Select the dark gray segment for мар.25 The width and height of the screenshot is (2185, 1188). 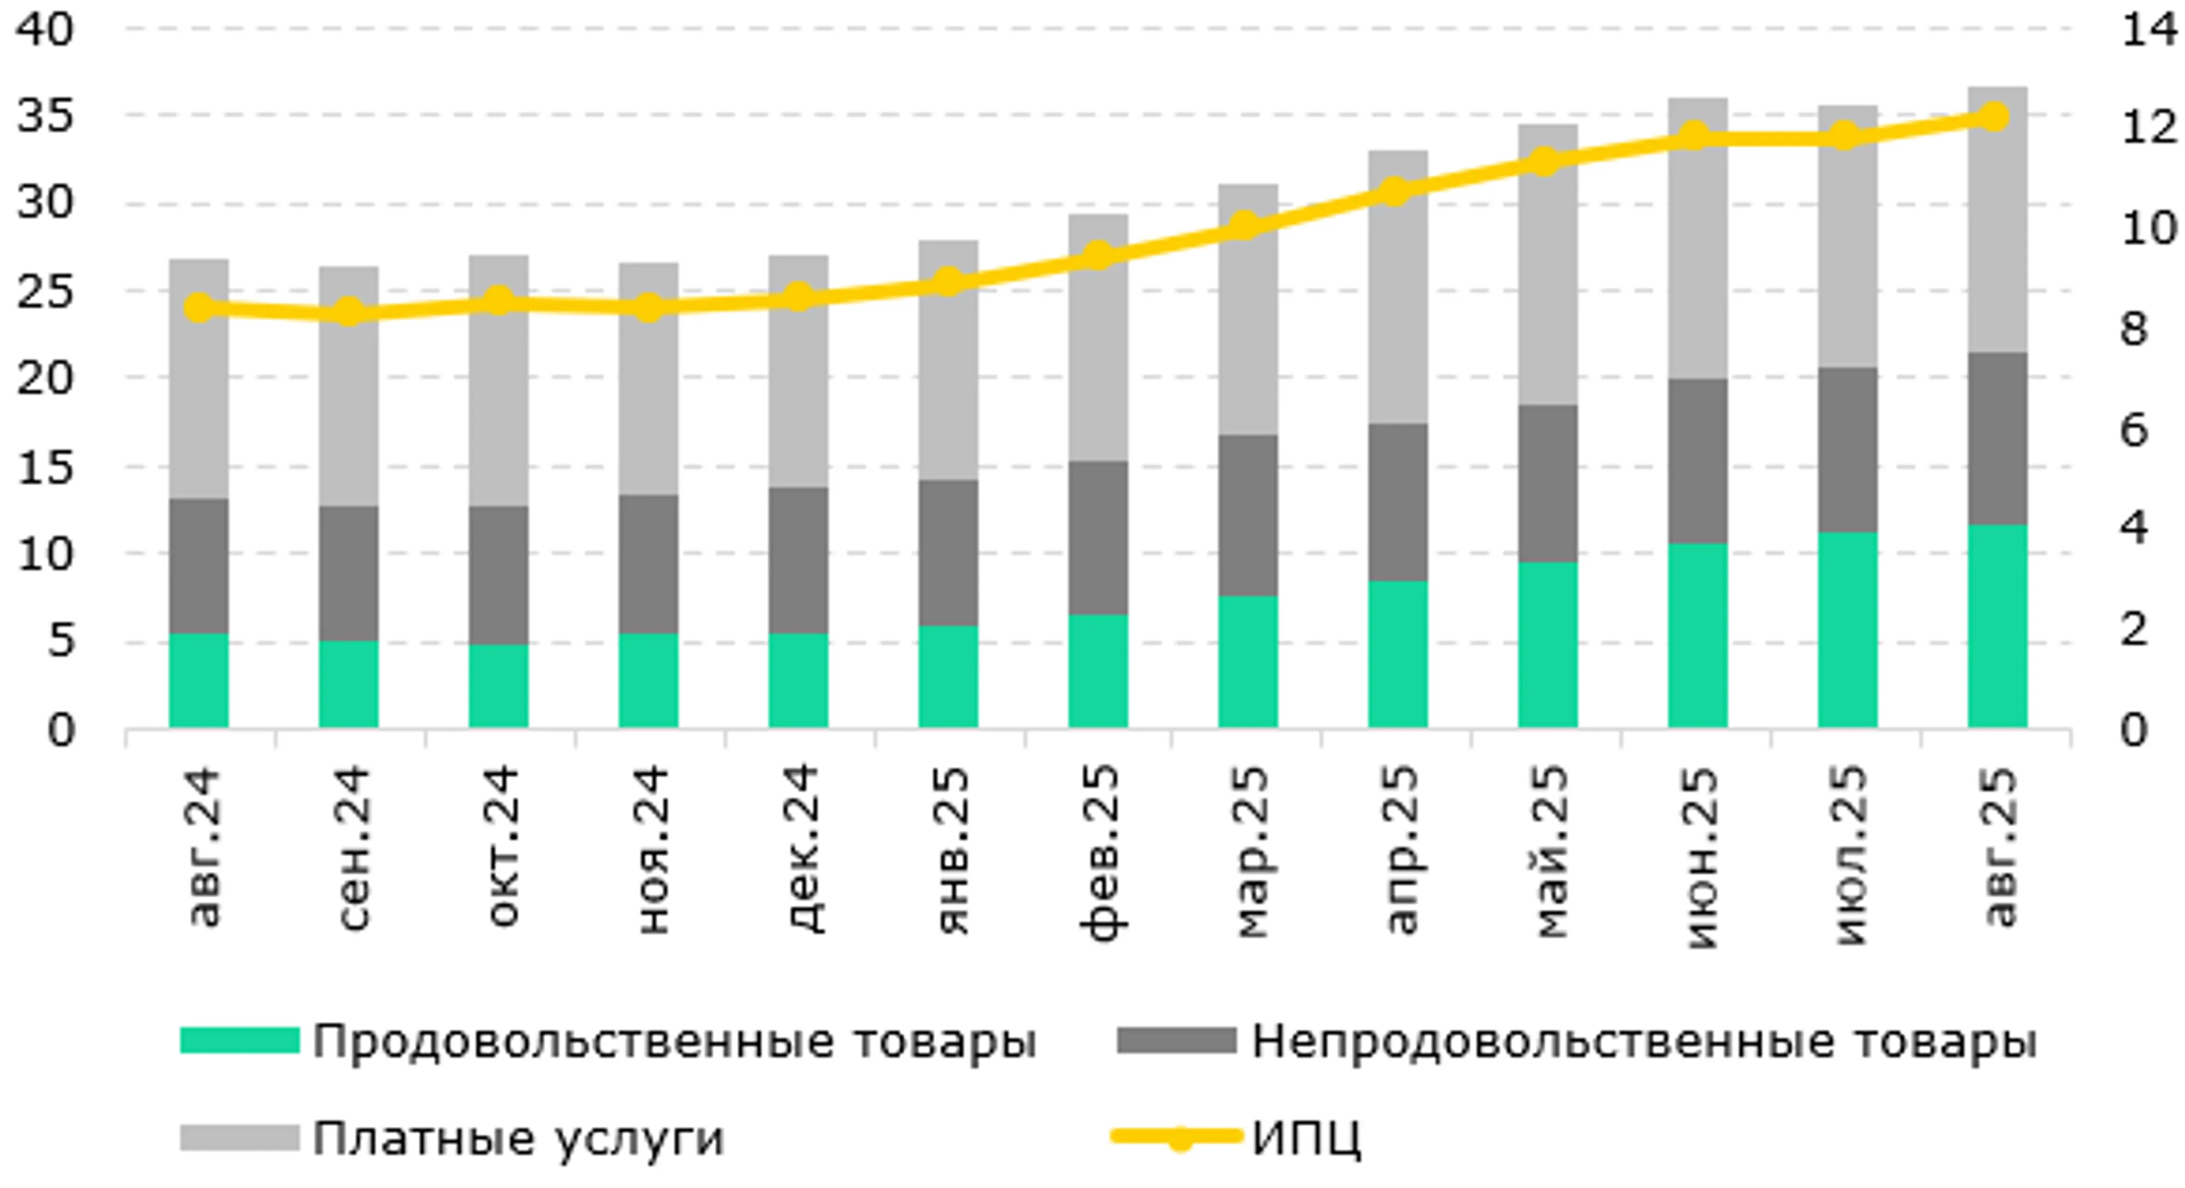click(x=1248, y=515)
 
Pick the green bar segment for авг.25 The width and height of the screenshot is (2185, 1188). click(x=1998, y=626)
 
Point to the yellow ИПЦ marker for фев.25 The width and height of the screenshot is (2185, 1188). click(x=1098, y=255)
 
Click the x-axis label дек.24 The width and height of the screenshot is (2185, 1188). click(x=799, y=848)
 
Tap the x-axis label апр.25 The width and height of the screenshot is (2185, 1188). click(x=1400, y=848)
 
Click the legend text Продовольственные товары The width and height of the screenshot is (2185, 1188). click(x=674, y=1041)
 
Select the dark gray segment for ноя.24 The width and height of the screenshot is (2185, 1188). click(x=649, y=564)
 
